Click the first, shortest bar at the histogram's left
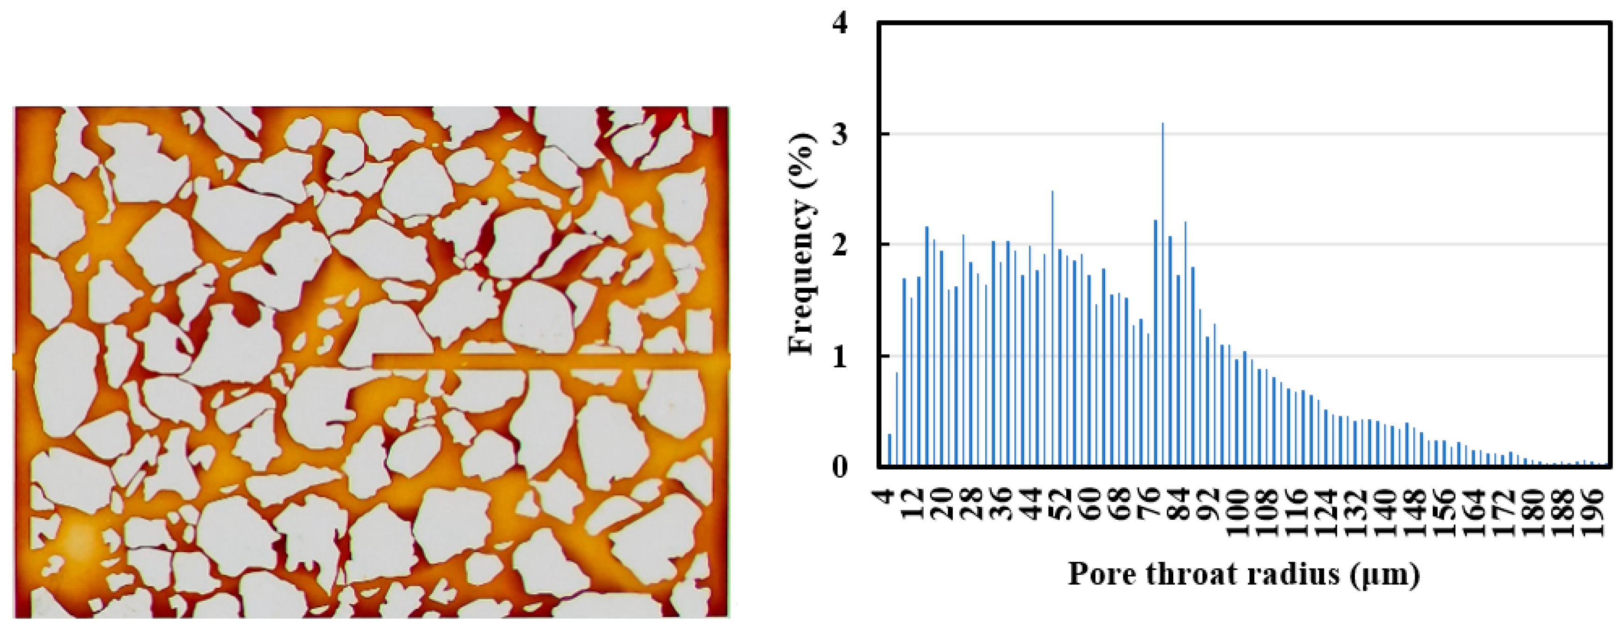click(x=889, y=450)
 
